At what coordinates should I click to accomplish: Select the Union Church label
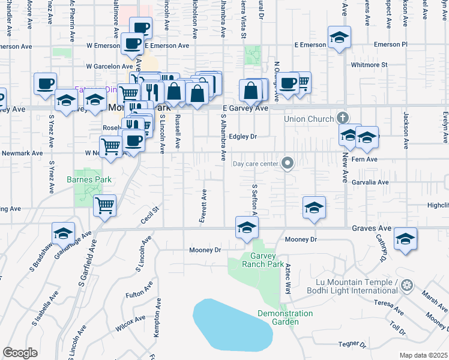pos(309,119)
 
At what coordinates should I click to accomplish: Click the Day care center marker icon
pos(288,163)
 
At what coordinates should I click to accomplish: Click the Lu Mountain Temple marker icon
pos(408,284)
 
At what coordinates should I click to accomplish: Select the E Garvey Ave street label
pos(245,109)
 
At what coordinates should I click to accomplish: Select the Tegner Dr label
pos(352,344)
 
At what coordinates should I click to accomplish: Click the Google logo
pos(20,352)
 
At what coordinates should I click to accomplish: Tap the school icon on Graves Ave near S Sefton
pos(246,228)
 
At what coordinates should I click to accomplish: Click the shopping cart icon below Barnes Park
pos(105,206)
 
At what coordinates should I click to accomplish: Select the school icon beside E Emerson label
pos(339,38)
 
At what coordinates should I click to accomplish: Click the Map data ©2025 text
pos(424,355)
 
